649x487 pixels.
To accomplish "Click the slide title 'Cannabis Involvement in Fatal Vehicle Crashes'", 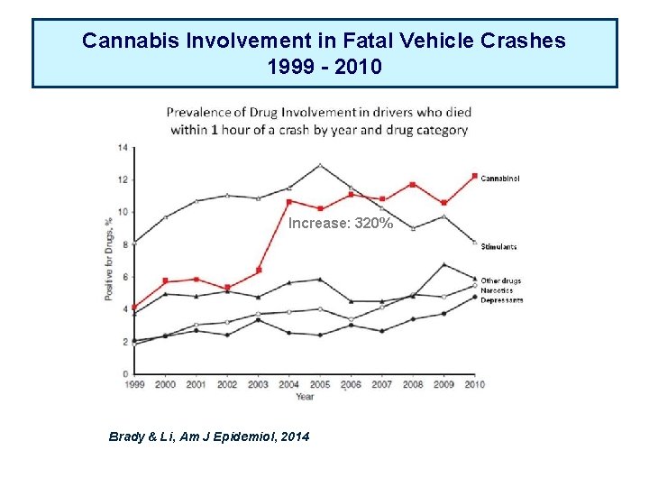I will (x=324, y=41).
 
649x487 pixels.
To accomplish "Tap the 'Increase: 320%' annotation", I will (x=340, y=223).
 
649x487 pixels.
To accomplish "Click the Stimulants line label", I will (x=498, y=246).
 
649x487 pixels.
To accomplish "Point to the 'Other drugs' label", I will (x=500, y=280).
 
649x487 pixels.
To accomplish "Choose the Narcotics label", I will (x=497, y=290).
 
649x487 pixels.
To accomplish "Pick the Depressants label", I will (x=501, y=300).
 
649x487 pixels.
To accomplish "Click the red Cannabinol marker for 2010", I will (x=474, y=176).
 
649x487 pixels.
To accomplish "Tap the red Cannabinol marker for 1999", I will (x=133, y=308).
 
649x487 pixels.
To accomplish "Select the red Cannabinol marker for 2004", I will (x=288, y=201).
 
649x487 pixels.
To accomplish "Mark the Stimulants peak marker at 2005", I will (x=319, y=165).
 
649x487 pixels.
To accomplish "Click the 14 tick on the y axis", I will (x=122, y=147).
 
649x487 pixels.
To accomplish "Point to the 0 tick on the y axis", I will (x=123, y=373).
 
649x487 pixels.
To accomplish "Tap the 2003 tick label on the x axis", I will (x=258, y=384).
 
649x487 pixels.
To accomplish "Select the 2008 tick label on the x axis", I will (x=413, y=384).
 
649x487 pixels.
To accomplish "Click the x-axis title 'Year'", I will (x=305, y=396).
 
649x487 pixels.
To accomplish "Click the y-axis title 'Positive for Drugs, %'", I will (x=108, y=260).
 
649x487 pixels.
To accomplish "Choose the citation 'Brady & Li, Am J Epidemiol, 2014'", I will (x=208, y=436).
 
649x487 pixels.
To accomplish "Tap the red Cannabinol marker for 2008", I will (x=413, y=185).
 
